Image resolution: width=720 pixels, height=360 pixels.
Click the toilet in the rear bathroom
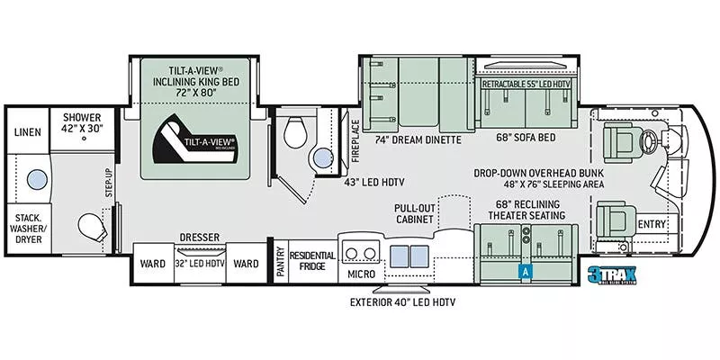[89, 226]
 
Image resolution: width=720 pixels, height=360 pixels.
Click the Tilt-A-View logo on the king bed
[197, 141]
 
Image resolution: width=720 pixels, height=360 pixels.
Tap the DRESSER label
[200, 237]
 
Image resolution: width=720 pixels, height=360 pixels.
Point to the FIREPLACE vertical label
[355, 139]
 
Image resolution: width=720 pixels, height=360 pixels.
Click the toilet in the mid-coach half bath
[292, 135]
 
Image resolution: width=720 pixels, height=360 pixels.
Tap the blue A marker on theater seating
[523, 269]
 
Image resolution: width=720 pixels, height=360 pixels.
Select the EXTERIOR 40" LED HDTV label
[401, 302]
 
